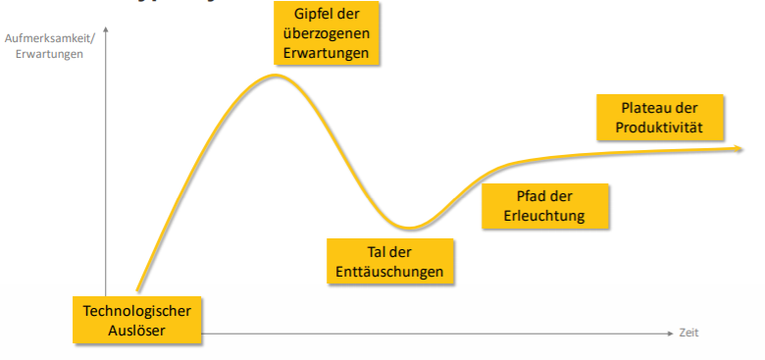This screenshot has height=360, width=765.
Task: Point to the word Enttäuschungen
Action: pyautogui.click(x=390, y=272)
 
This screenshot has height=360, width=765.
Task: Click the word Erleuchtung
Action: pyautogui.click(x=544, y=216)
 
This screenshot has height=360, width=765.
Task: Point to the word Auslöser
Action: pyautogui.click(x=136, y=330)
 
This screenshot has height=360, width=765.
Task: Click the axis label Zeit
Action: pyautogui.click(x=689, y=334)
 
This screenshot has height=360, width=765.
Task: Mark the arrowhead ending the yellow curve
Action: pyautogui.click(x=739, y=148)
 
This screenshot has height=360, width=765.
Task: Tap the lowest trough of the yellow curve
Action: pyautogui.click(x=406, y=227)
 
